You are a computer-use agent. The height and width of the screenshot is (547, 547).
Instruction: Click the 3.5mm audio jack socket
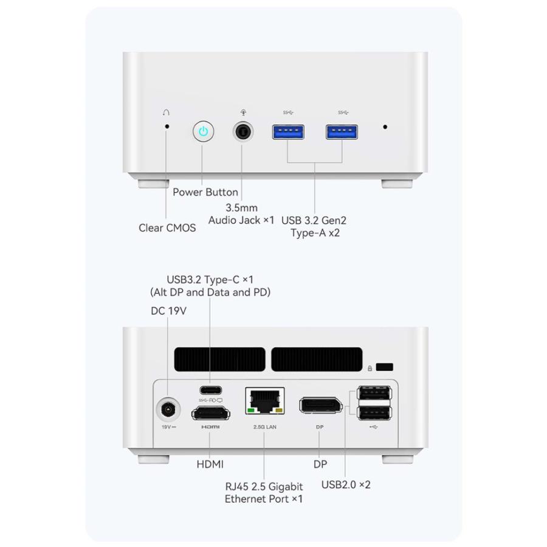(243, 131)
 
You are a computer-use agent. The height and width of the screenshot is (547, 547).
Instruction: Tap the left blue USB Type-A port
(288, 132)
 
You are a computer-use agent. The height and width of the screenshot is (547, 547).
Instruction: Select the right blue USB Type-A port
(342, 132)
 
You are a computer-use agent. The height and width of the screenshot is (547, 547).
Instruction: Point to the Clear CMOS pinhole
(167, 126)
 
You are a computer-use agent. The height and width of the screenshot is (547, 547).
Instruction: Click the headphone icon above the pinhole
(166, 112)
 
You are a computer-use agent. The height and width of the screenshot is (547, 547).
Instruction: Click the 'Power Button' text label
(205, 192)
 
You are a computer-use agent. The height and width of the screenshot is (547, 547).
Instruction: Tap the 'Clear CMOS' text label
(167, 228)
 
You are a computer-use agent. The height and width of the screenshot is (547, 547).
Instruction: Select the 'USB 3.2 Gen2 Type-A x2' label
(314, 227)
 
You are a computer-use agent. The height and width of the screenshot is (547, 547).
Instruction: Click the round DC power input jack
(168, 409)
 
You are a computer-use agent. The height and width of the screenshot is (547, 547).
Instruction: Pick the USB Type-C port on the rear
(211, 390)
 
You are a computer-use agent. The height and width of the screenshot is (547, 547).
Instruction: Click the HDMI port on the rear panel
(211, 413)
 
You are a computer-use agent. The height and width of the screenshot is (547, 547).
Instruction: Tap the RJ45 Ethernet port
(265, 401)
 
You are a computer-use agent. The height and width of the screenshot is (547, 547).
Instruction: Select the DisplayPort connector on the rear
(320, 405)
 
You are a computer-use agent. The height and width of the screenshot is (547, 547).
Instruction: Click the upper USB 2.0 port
(374, 393)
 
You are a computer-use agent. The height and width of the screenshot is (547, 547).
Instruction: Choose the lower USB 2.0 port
(374, 413)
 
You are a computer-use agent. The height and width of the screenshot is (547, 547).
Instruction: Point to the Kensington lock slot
(385, 367)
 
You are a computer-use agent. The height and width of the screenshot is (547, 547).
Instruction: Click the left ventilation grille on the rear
(220, 359)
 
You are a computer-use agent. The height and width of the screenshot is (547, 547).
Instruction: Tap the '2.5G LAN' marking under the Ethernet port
(265, 427)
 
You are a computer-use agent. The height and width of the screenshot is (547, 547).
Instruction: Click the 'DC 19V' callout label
(168, 311)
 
